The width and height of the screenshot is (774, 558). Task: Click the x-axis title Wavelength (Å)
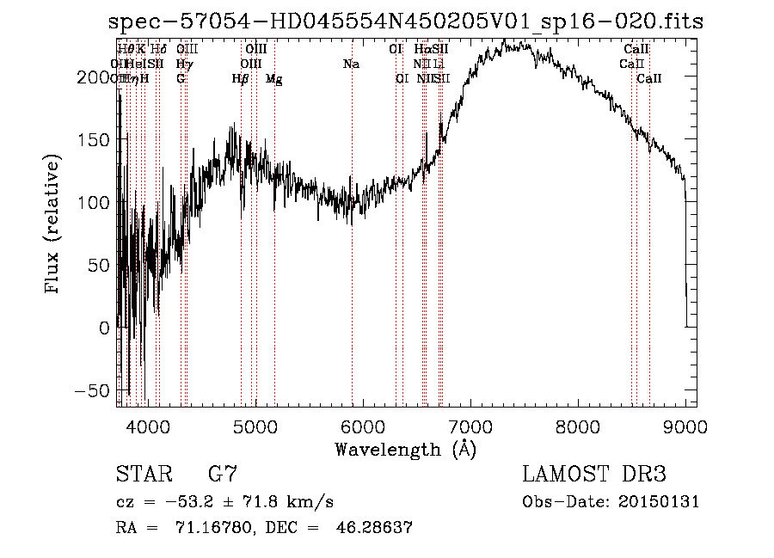click(x=405, y=449)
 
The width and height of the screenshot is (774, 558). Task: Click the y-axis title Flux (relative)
click(x=53, y=225)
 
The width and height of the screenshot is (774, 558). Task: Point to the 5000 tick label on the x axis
click(x=255, y=426)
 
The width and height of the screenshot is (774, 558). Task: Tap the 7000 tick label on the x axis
click(x=470, y=426)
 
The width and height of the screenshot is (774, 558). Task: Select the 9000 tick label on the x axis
click(x=685, y=426)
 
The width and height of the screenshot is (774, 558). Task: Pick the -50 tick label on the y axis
click(x=95, y=390)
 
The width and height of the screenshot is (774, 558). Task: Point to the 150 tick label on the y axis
click(x=95, y=140)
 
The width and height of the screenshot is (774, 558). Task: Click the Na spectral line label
click(x=351, y=64)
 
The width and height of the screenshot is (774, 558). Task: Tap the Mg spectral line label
click(x=274, y=79)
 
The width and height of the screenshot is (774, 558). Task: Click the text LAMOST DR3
click(x=593, y=475)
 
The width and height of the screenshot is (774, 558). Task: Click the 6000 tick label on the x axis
click(x=362, y=426)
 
